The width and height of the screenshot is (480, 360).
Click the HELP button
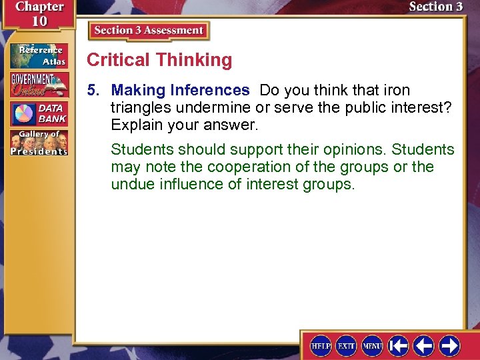(x=321, y=345)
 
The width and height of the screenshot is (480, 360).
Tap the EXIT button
(x=347, y=345)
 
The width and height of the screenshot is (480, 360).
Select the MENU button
(x=372, y=345)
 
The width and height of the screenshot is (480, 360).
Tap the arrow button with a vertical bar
(x=399, y=345)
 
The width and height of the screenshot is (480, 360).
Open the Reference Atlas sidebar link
(x=38, y=55)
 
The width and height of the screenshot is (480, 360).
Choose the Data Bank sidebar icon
(x=38, y=114)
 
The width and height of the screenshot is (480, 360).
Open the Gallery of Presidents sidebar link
(x=38, y=143)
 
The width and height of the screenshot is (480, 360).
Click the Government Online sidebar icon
(x=38, y=85)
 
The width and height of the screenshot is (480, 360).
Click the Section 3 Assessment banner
(x=149, y=31)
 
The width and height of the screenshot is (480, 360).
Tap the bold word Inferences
(x=210, y=90)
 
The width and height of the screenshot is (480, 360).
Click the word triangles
(x=139, y=107)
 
